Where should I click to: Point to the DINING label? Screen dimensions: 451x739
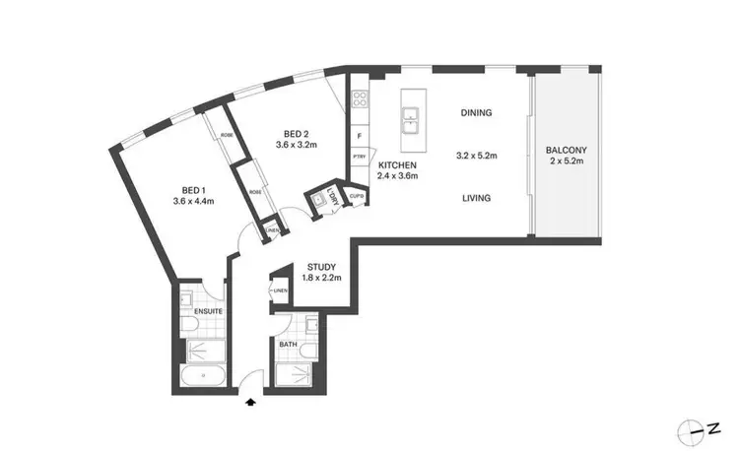point(476,113)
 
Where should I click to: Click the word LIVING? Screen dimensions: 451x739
point(476,198)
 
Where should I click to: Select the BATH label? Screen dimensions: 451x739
point(287,345)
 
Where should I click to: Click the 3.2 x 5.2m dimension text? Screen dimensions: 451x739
point(476,156)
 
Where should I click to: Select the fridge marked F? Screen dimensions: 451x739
point(360,135)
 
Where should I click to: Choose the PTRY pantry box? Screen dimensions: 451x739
point(360,156)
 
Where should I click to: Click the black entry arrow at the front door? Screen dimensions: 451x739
point(252,401)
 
